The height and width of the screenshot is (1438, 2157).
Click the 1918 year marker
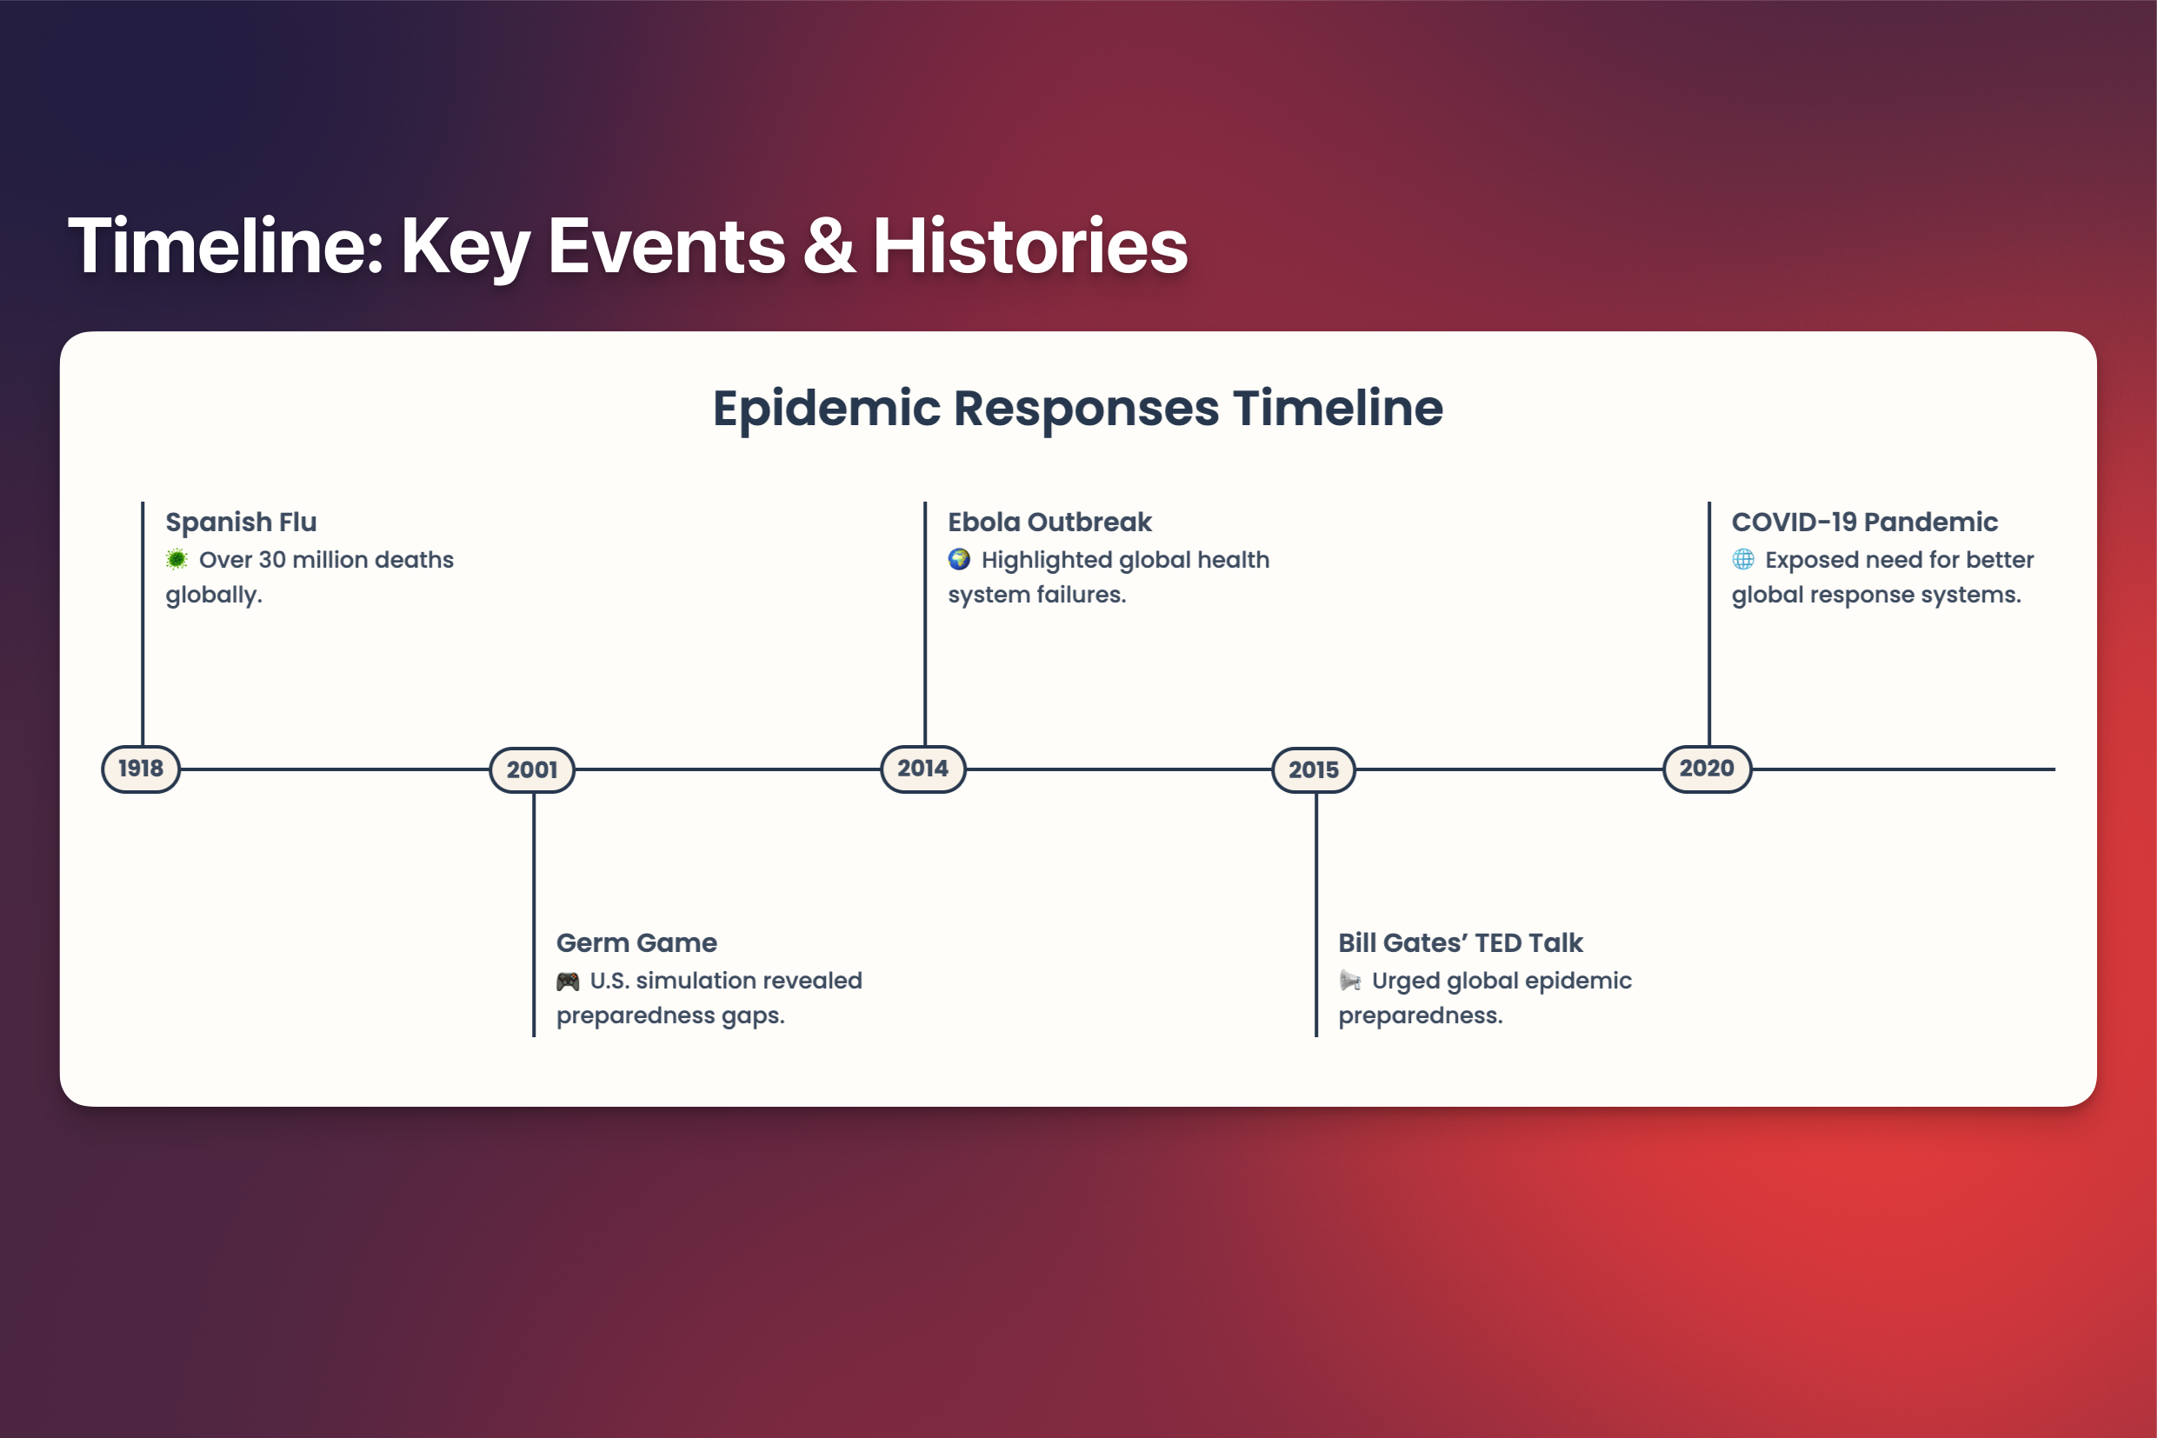tap(140, 769)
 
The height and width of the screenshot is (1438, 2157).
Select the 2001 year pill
tap(532, 769)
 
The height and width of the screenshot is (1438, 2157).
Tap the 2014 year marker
tap(922, 769)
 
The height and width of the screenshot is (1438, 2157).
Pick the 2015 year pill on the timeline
tap(1314, 769)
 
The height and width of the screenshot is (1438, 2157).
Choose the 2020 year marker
tap(1707, 769)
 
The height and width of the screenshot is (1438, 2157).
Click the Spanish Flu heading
tap(241, 522)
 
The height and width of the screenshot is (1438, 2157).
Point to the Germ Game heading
tap(636, 942)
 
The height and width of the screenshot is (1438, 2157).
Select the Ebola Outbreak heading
tap(1049, 522)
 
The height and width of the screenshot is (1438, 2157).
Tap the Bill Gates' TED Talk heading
tap(1460, 942)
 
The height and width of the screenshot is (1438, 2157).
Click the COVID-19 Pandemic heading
tap(1865, 522)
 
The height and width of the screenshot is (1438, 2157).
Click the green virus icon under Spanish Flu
tap(177, 558)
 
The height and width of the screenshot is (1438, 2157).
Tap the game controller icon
tap(568, 982)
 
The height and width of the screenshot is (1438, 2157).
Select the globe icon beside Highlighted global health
tap(959, 558)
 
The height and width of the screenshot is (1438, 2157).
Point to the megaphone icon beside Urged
tap(1350, 981)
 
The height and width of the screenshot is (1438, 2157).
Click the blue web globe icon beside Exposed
tap(1742, 558)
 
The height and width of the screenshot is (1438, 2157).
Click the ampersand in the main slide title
tap(829, 246)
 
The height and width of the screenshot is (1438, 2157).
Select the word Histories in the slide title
tap(1030, 245)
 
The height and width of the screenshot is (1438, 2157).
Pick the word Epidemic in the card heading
tap(826, 409)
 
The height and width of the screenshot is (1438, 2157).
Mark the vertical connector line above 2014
tap(924, 623)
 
